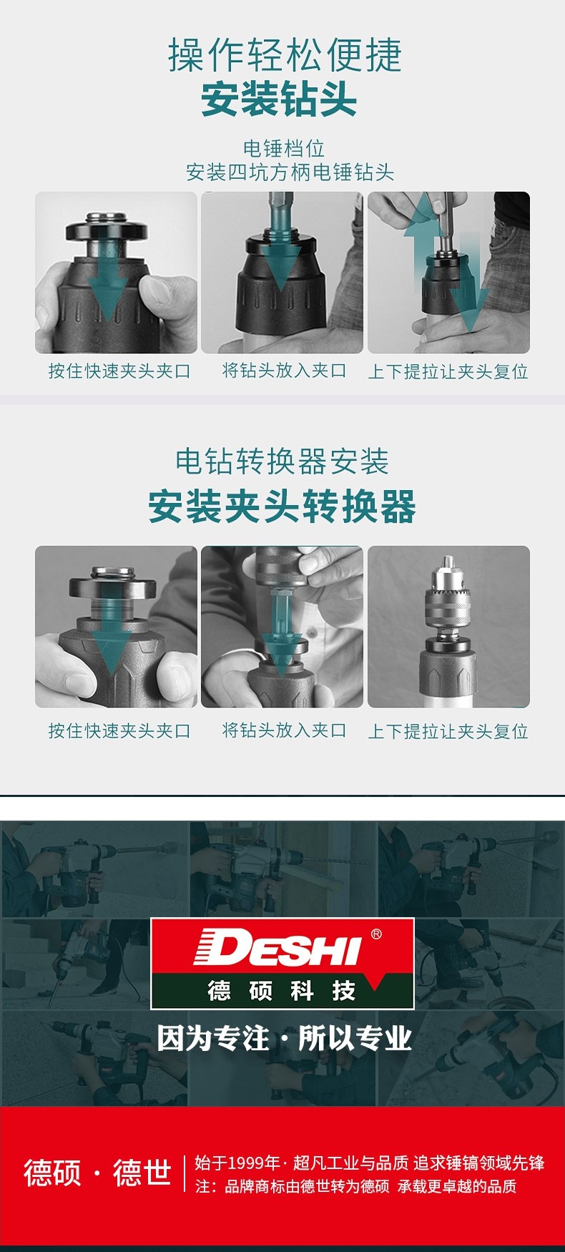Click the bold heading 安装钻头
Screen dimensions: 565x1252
[279, 99]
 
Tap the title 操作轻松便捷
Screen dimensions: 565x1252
[285, 55]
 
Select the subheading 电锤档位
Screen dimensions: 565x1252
[284, 148]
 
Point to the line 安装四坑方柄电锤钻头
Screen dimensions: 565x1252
[290, 172]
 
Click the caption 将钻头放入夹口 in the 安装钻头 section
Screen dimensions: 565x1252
[284, 371]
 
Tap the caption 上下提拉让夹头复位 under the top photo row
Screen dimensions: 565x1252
[448, 372]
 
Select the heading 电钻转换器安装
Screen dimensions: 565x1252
[282, 461]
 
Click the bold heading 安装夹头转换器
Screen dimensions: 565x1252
[282, 507]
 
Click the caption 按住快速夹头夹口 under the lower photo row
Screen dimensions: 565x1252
[119, 730]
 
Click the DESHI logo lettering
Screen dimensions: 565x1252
[277, 947]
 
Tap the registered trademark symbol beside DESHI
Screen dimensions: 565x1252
[376, 934]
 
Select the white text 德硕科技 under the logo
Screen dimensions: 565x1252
[282, 991]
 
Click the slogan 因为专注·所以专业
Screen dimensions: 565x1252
[284, 1038]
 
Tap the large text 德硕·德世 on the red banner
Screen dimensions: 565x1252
[98, 1173]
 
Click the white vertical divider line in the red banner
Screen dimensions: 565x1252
[185, 1173]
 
